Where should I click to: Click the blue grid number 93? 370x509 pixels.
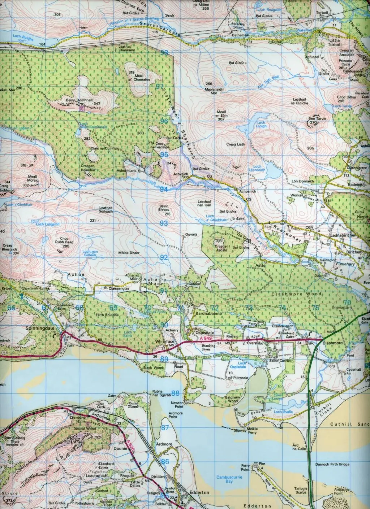[164, 223]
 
